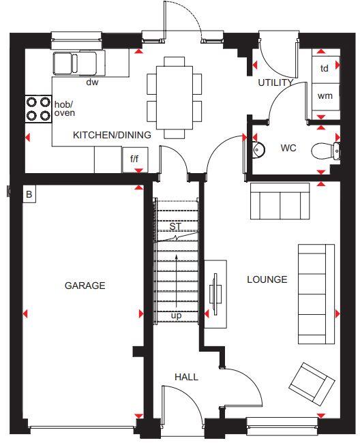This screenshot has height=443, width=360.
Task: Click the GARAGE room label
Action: (x=85, y=286)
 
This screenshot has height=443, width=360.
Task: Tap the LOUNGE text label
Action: (x=267, y=279)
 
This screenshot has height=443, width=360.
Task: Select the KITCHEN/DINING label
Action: (x=112, y=135)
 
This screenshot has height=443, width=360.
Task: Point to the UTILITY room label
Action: (x=275, y=82)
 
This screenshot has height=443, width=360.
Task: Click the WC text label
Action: (x=288, y=148)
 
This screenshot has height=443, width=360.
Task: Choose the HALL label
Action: (x=186, y=377)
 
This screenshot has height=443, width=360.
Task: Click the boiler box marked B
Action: (x=29, y=195)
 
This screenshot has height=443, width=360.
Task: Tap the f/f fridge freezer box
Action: (x=135, y=159)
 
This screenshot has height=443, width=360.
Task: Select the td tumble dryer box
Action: (x=325, y=68)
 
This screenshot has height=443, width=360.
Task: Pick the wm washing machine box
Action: (x=325, y=96)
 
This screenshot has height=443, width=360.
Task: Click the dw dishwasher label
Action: (x=92, y=82)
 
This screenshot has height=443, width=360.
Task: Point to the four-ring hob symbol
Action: (x=38, y=109)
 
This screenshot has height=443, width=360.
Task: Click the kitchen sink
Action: (x=75, y=63)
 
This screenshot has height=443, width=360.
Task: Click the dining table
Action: (x=175, y=95)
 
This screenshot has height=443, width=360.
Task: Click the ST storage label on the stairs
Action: (x=175, y=227)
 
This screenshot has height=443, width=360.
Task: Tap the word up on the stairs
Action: (x=176, y=316)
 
